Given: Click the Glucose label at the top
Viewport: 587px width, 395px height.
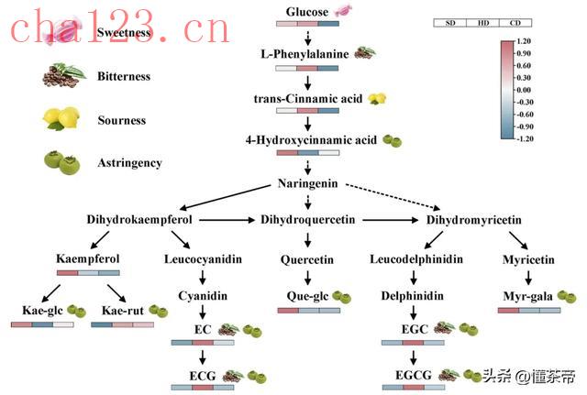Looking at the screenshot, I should pos(307,11).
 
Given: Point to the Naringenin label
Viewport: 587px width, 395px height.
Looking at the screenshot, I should pos(307,184).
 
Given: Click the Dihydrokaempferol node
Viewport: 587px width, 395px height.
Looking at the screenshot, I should pos(139,220).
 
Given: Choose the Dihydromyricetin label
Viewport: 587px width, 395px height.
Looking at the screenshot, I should pos(474,220).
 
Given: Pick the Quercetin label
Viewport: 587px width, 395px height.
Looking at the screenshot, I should pos(307,260).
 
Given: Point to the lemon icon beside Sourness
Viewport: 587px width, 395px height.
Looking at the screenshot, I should pos(63,120).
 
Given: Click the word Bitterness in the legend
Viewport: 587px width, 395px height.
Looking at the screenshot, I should pos(124,77).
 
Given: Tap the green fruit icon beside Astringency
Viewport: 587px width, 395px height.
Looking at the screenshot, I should pos(63,162).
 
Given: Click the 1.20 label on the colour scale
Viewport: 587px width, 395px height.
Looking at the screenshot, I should pos(524,42).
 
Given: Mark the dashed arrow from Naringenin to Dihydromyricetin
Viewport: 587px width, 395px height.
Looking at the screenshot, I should pos(390,199).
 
